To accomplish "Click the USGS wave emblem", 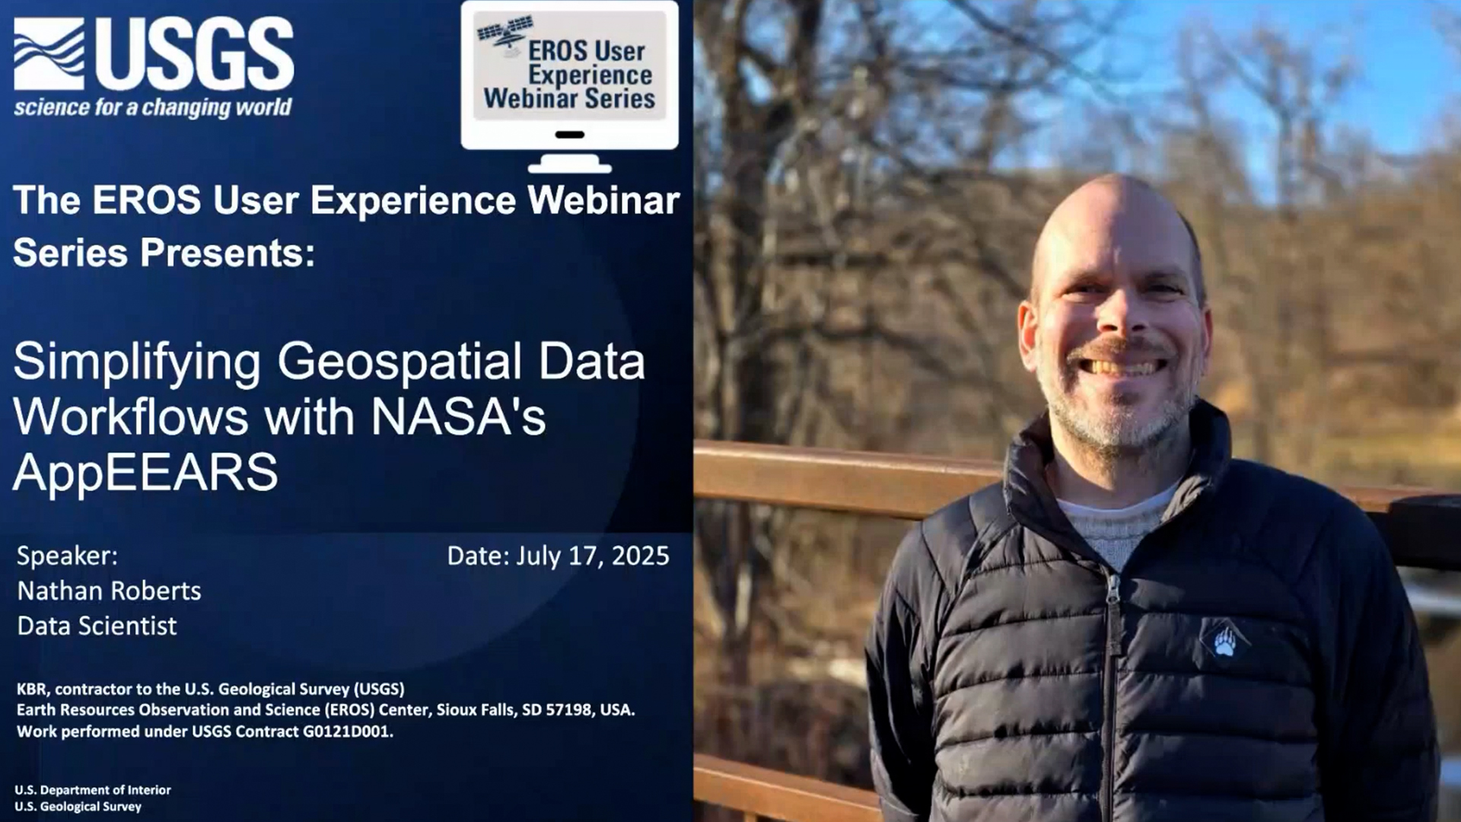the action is pos(49,54).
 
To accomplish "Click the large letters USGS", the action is pos(194,54).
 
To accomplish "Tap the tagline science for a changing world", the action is pos(152,107).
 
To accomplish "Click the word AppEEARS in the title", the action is pos(145,472).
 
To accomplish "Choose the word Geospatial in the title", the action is pos(399,362).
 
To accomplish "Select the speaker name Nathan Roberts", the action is pos(110,591).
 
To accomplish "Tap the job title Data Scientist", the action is pos(97,626).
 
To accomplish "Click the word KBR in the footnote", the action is pos(33,689).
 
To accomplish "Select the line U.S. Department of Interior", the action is pos(93,790).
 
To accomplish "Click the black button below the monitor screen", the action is pos(570,135).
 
